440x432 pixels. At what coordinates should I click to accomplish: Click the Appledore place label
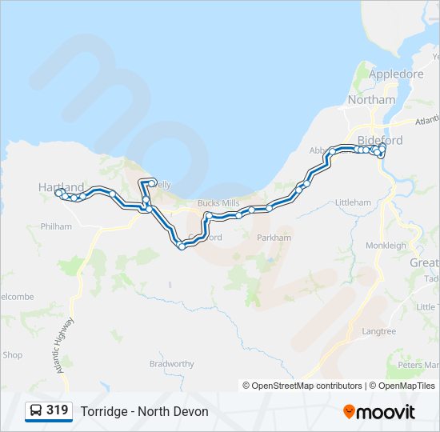pos(396,74)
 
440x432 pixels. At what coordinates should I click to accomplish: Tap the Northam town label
pos(371,100)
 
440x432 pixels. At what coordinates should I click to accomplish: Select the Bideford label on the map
pos(382,140)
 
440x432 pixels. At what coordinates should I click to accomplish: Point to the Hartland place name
pos(61,186)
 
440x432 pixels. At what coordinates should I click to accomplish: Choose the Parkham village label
pos(274,238)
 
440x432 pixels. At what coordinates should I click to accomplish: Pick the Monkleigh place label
pos(386,246)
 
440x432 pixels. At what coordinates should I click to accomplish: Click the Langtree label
pos(378,330)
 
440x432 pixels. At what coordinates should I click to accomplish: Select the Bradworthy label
pos(171,364)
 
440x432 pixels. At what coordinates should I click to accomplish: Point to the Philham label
pos(55,226)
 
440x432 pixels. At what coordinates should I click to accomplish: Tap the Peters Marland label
pos(418,365)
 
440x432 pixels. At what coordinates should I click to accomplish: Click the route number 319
pos(57,410)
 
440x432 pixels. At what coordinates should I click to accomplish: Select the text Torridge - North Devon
pos(144,411)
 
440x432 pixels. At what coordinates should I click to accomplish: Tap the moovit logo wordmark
pos(386,412)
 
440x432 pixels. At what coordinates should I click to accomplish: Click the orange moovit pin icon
pos(349,412)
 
